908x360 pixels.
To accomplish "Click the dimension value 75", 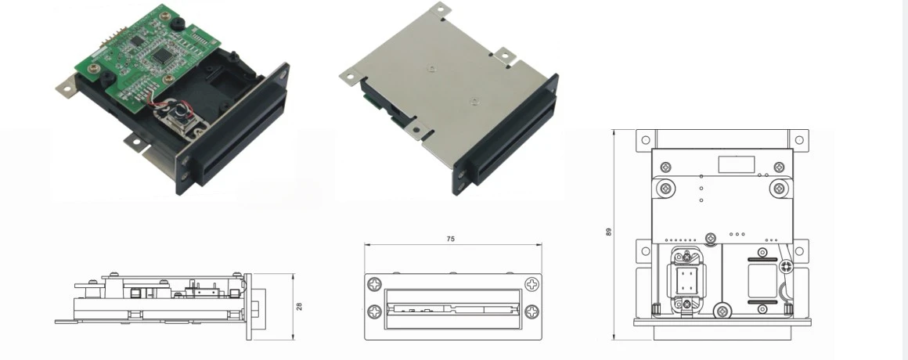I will tap(450, 238).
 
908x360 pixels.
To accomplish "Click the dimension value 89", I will tap(608, 232).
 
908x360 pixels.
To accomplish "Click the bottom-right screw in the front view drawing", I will tap(531, 311).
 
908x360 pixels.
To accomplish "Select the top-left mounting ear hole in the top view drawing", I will tap(645, 139).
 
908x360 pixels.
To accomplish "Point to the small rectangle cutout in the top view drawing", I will tap(736, 165).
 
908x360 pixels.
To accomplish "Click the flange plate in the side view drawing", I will tap(248, 306).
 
